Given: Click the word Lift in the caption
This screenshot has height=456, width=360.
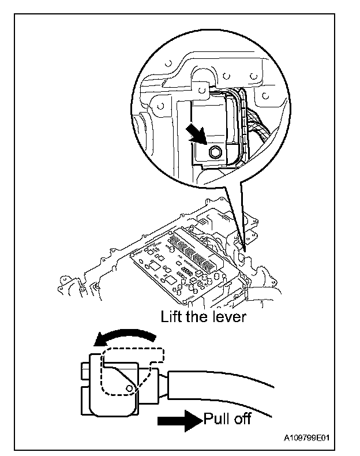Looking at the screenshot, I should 174,317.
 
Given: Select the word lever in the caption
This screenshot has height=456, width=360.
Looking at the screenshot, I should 229,317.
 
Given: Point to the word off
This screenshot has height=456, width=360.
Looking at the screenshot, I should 242,418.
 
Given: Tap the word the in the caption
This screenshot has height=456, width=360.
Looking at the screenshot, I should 200,317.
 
